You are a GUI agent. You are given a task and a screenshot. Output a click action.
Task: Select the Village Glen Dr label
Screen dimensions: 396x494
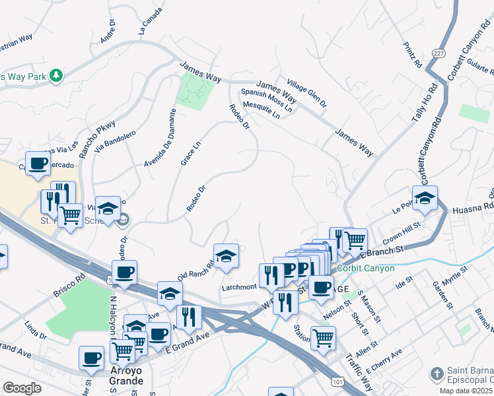pyautogui.click(x=306, y=92)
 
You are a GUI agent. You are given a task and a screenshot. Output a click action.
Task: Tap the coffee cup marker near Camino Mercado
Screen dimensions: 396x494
pyautogui.click(x=37, y=163)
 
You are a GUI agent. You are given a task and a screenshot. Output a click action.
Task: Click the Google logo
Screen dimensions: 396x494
pyautogui.click(x=22, y=388)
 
